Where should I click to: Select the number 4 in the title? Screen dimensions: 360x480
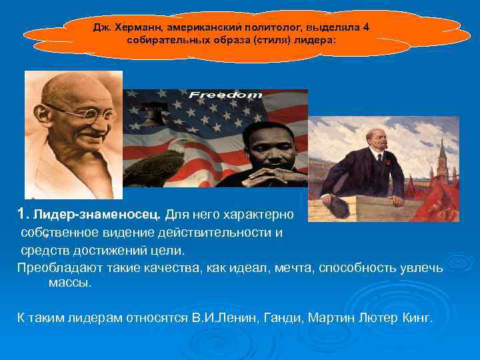pos(366,27)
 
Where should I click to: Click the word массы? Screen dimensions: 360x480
pos(70,283)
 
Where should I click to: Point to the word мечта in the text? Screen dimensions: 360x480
pos(289,268)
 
